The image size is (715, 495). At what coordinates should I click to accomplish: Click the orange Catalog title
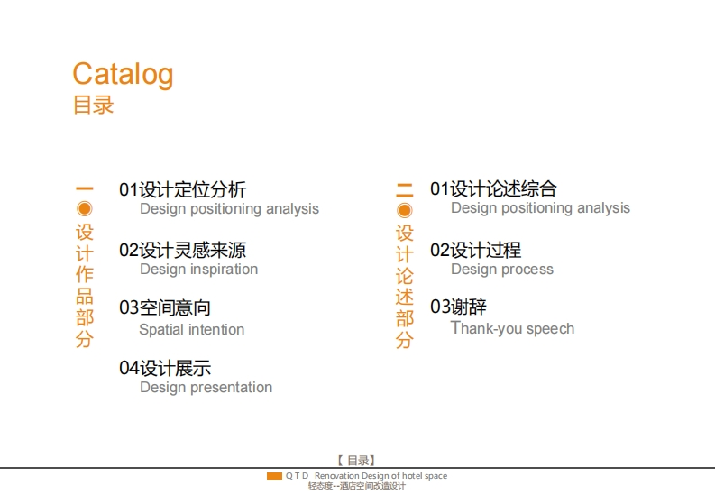(x=124, y=75)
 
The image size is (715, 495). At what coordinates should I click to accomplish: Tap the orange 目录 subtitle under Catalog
(x=94, y=105)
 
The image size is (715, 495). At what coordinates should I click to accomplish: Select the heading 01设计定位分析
(x=182, y=189)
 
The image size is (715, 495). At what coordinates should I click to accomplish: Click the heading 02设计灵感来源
(x=182, y=251)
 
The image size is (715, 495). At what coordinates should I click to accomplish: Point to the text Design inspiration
(x=199, y=270)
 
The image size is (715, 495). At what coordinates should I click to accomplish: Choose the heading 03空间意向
(x=165, y=307)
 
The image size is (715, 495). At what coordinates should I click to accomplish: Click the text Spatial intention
(x=191, y=329)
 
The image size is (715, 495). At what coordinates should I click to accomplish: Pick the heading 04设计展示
(x=165, y=368)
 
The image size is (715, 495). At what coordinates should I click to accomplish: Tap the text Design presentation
(x=206, y=388)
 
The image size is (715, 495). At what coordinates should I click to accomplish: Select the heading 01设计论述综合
(x=493, y=188)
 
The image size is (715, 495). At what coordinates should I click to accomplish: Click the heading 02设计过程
(x=475, y=251)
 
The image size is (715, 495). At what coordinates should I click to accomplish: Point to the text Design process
(x=502, y=270)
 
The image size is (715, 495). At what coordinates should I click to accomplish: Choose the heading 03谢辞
(x=458, y=307)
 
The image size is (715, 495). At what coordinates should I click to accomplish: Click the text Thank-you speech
(x=512, y=328)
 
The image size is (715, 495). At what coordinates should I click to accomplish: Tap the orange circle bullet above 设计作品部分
(x=85, y=209)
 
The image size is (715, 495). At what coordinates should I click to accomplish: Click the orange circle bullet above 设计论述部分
(x=405, y=211)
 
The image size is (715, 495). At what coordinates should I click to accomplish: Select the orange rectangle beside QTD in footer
(x=274, y=476)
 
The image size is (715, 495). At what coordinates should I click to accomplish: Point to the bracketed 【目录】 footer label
(x=357, y=461)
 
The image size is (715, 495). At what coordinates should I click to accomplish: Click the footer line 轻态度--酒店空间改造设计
(x=356, y=486)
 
